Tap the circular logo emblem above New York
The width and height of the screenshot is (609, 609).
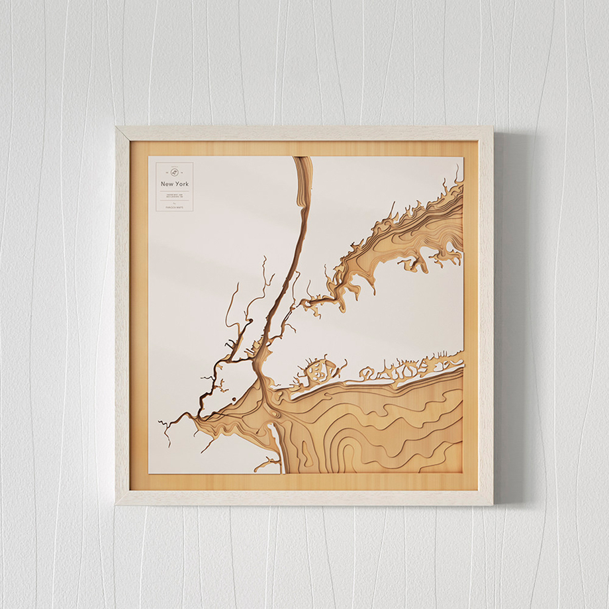point(175,171)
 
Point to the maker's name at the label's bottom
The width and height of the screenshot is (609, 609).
point(175,207)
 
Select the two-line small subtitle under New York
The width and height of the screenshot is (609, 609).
point(175,195)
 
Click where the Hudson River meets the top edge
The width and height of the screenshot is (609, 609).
point(302,158)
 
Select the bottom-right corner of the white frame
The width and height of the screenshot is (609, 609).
point(491,504)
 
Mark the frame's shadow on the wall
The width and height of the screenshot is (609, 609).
point(503,318)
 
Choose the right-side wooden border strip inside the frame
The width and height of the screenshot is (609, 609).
point(471,318)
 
